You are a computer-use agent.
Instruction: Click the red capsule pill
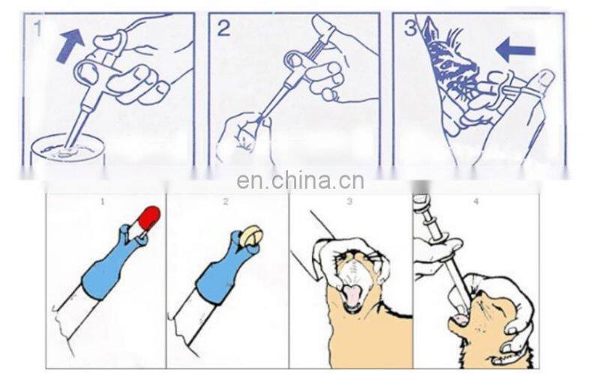[148, 218]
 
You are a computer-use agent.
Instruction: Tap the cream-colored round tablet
[251, 235]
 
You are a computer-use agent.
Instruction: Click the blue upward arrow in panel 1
[70, 46]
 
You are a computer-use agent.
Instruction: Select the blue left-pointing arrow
[515, 49]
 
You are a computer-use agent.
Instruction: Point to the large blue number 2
[224, 28]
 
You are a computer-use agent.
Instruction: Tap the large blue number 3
[409, 28]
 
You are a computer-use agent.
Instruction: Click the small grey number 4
[476, 201]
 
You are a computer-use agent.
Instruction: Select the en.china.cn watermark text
[300, 181]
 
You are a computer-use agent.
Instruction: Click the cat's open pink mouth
[352, 296]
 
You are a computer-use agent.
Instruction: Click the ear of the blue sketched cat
[433, 28]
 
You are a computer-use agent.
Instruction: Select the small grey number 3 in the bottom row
[349, 201]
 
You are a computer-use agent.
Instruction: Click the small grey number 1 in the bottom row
[102, 201]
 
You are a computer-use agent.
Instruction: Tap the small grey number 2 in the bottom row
[226, 201]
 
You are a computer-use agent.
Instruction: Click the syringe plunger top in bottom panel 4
[421, 199]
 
